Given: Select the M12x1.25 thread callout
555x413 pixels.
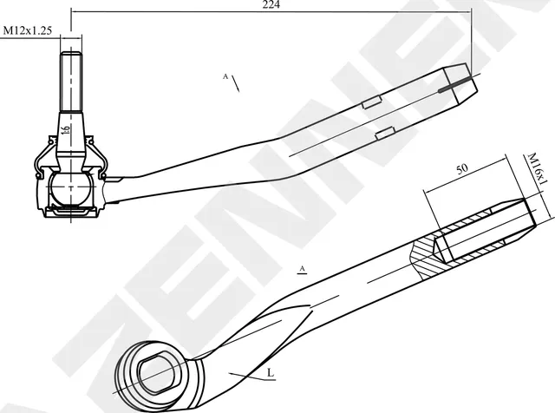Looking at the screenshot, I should point(28,29).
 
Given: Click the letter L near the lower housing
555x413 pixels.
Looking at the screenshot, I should point(270,372).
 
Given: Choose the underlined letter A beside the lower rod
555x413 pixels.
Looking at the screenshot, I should point(303,269).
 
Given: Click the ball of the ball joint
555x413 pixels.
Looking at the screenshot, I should point(67,187).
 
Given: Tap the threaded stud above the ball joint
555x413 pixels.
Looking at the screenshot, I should point(70,80).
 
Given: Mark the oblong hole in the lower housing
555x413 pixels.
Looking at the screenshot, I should point(159,370).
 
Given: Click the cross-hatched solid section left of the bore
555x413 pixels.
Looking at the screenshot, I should point(422,257).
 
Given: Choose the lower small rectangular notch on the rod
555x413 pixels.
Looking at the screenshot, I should point(385,132).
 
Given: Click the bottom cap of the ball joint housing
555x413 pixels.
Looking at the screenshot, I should point(69,211).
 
